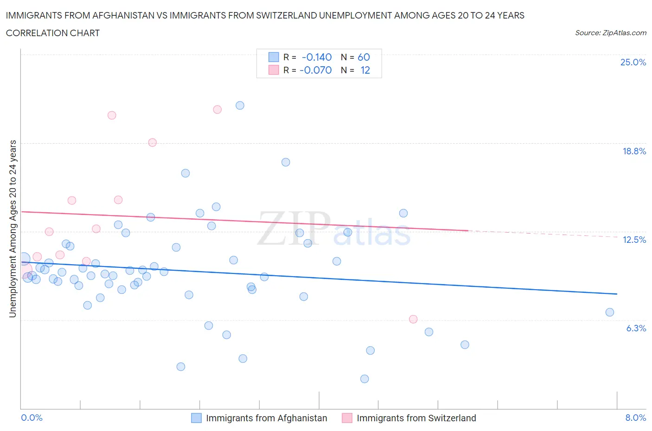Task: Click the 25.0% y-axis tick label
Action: [x=633, y=62]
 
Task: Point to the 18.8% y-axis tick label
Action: [x=634, y=151]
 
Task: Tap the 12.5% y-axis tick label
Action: [x=634, y=240]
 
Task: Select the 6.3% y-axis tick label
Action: [x=636, y=328]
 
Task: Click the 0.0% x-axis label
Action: [x=32, y=418]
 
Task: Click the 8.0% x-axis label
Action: [x=635, y=418]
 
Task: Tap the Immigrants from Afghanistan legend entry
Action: [x=266, y=418]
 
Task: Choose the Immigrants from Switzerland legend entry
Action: [x=416, y=418]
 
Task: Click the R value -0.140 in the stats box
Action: [x=317, y=57]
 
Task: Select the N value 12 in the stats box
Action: [x=365, y=70]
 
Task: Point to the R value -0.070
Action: [x=316, y=70]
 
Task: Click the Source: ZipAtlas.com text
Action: [x=610, y=32]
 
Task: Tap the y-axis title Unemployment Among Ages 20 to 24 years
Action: [x=13, y=228]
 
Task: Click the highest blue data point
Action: [x=240, y=105]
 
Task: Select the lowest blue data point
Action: [x=364, y=379]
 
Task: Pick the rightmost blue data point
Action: [x=610, y=312]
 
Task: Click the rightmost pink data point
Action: [x=413, y=319]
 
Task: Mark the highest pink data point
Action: [x=217, y=109]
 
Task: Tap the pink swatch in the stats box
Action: [x=274, y=70]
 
